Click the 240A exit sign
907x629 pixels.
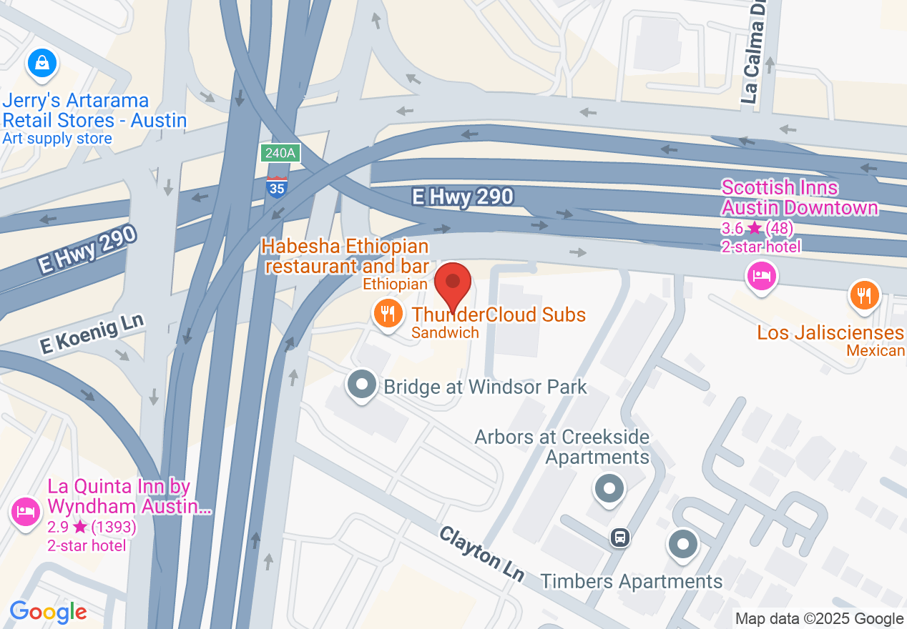point(280,153)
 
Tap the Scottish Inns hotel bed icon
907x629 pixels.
point(761,275)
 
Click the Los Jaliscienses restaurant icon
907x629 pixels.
point(864,294)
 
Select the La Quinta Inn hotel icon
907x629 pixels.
point(26,512)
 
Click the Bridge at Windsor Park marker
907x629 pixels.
point(362,385)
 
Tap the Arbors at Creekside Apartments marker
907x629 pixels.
point(609,490)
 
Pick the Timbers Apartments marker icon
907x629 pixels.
point(683,544)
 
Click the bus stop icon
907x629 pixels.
point(620,538)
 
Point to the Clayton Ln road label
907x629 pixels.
point(482,554)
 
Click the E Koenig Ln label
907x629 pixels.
point(92,332)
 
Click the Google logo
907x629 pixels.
point(48,612)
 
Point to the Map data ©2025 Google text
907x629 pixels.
point(819,619)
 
